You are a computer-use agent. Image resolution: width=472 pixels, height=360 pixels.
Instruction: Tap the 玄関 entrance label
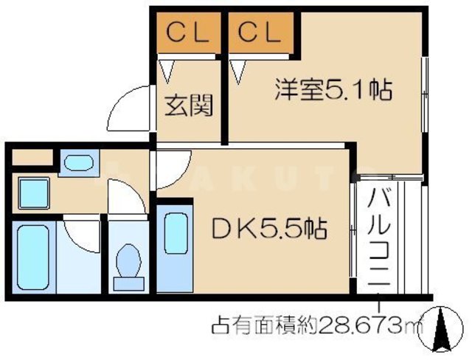pyautogui.click(x=187, y=106)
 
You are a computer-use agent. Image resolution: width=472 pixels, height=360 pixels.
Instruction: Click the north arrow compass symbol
pyautogui.click(x=445, y=332)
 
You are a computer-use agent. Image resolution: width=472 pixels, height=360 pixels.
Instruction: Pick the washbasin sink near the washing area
pyautogui.click(x=74, y=162)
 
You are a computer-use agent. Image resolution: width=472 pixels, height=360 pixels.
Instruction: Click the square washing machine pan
pyautogui.click(x=35, y=194)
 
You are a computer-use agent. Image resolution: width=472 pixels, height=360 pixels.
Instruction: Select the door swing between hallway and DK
pyautogui.click(x=171, y=170)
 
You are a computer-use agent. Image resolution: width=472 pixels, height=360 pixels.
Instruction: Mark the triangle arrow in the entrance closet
pyautogui.click(x=167, y=69)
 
